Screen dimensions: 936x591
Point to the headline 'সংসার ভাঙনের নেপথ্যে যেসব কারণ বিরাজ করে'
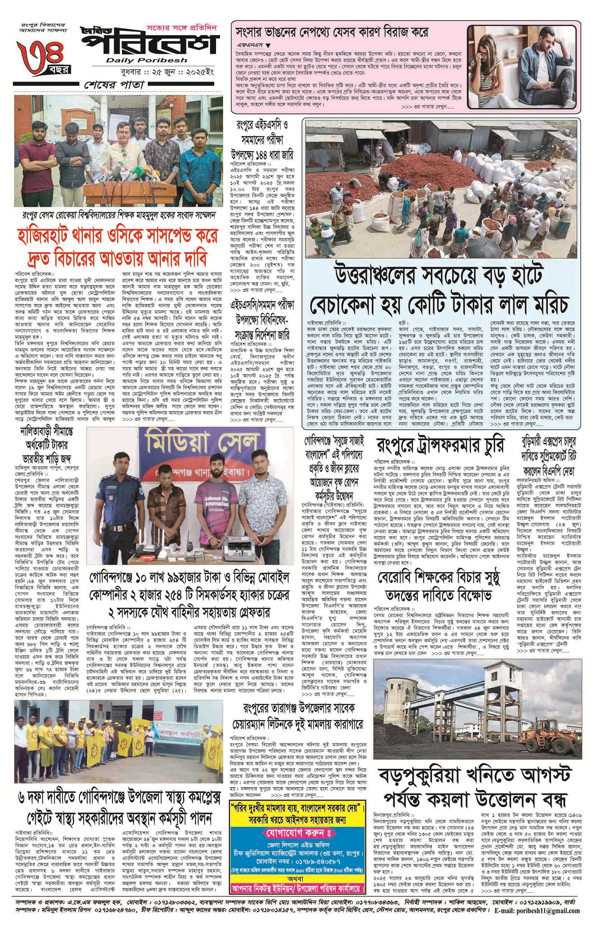point(332,32)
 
